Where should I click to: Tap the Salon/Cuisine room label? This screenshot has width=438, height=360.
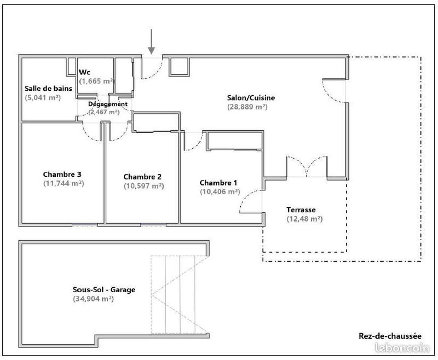251,98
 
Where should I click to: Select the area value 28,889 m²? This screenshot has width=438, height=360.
247,107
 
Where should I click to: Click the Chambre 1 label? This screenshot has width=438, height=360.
218,183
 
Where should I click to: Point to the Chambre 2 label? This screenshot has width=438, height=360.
142,177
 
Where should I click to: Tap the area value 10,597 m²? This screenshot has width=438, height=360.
143,185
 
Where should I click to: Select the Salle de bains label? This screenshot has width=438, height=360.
48,89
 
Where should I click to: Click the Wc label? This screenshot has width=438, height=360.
85,72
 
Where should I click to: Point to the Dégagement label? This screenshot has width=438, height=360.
108,104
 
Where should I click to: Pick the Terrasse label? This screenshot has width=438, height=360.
302,210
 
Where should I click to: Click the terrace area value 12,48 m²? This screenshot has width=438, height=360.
304,219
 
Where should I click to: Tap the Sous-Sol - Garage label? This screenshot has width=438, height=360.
103,290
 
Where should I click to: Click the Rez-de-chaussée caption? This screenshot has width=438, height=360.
390,336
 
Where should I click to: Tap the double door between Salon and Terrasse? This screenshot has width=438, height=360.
306,167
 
